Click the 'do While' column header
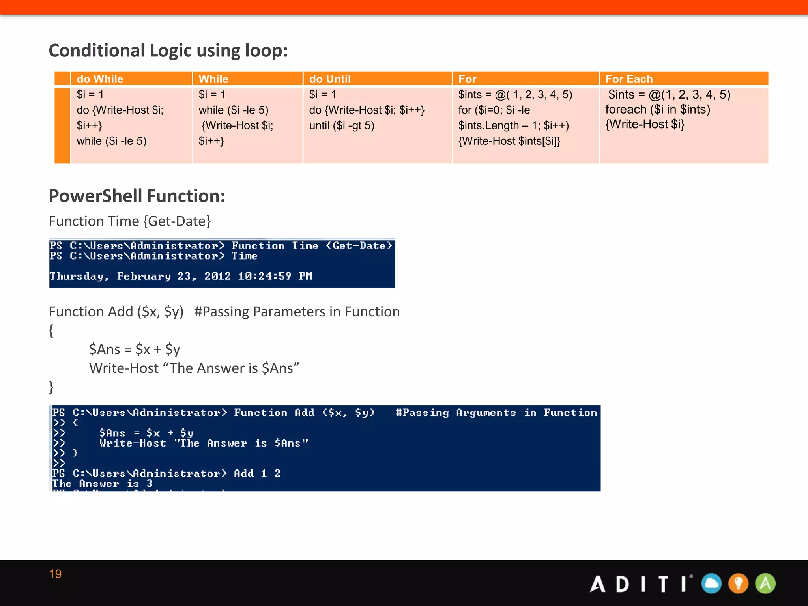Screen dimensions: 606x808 tap(100, 79)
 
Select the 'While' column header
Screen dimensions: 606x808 tap(213, 79)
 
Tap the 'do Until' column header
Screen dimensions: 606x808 tap(330, 79)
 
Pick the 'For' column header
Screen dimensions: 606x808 tap(467, 79)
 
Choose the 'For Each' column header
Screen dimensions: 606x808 tap(629, 79)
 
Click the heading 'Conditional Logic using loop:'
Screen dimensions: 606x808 tap(168, 50)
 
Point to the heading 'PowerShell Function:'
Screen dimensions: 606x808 tap(137, 196)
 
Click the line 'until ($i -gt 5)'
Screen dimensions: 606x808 tap(342, 125)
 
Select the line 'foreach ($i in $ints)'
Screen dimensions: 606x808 tap(658, 109)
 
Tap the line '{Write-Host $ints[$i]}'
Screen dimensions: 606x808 tap(509, 141)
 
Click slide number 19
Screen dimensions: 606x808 tap(55, 574)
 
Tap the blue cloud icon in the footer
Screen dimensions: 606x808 tap(711, 584)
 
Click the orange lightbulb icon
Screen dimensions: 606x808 tap(738, 584)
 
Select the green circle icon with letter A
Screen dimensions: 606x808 tap(765, 584)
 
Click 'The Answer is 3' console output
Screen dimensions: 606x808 tap(102, 484)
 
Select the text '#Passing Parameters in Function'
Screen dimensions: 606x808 tap(297, 312)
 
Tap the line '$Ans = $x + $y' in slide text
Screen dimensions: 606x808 tap(135, 350)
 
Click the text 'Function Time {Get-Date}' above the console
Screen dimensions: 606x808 tap(130, 221)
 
